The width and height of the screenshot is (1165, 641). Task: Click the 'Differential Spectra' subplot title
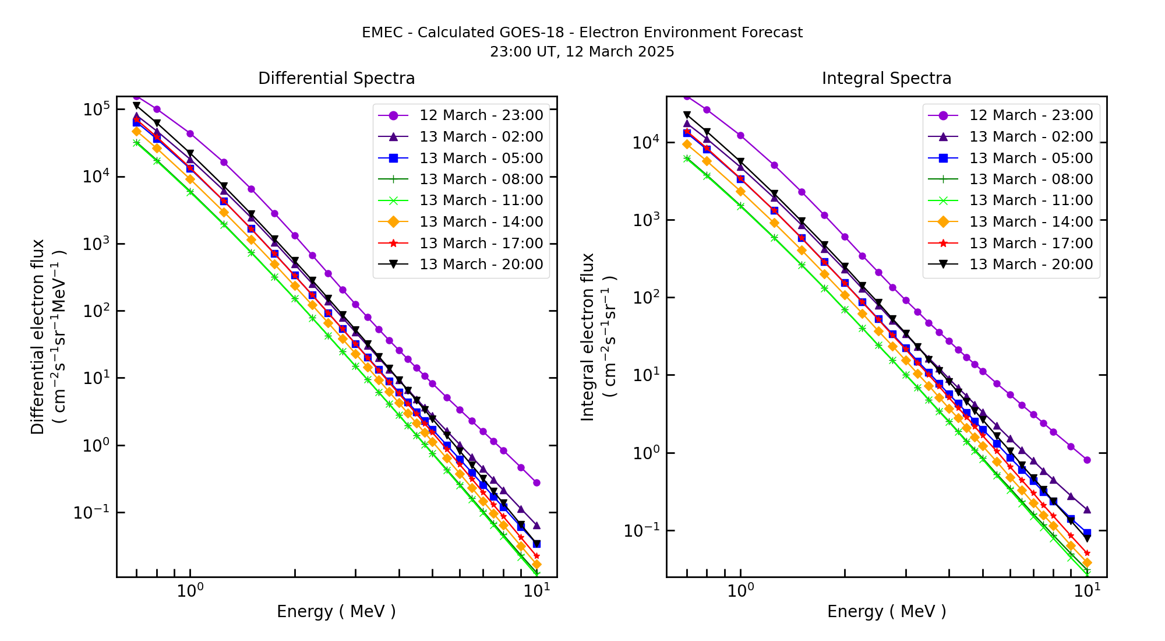[336, 79]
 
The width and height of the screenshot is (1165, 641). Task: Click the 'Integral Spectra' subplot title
[886, 79]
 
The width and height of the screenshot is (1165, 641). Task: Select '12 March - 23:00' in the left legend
[481, 115]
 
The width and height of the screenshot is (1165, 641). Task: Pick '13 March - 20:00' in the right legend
[1030, 265]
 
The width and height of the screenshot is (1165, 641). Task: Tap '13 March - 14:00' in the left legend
[481, 222]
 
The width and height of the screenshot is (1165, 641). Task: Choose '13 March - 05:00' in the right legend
[1030, 159]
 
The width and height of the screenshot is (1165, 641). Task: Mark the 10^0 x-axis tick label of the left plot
[190, 591]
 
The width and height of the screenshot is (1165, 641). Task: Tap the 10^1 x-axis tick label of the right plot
[1087, 591]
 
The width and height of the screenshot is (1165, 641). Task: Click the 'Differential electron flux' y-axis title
[38, 336]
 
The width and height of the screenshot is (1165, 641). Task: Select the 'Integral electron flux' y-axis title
[588, 336]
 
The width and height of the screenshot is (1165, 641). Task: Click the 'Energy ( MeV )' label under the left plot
[336, 612]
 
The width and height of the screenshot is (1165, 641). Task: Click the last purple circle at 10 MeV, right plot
[1087, 460]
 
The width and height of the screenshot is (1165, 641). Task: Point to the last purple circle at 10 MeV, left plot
[536, 482]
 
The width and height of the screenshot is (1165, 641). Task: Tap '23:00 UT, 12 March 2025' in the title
[582, 52]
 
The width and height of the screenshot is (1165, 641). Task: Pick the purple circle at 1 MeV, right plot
[740, 135]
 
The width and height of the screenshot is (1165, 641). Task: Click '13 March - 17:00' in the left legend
[481, 244]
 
